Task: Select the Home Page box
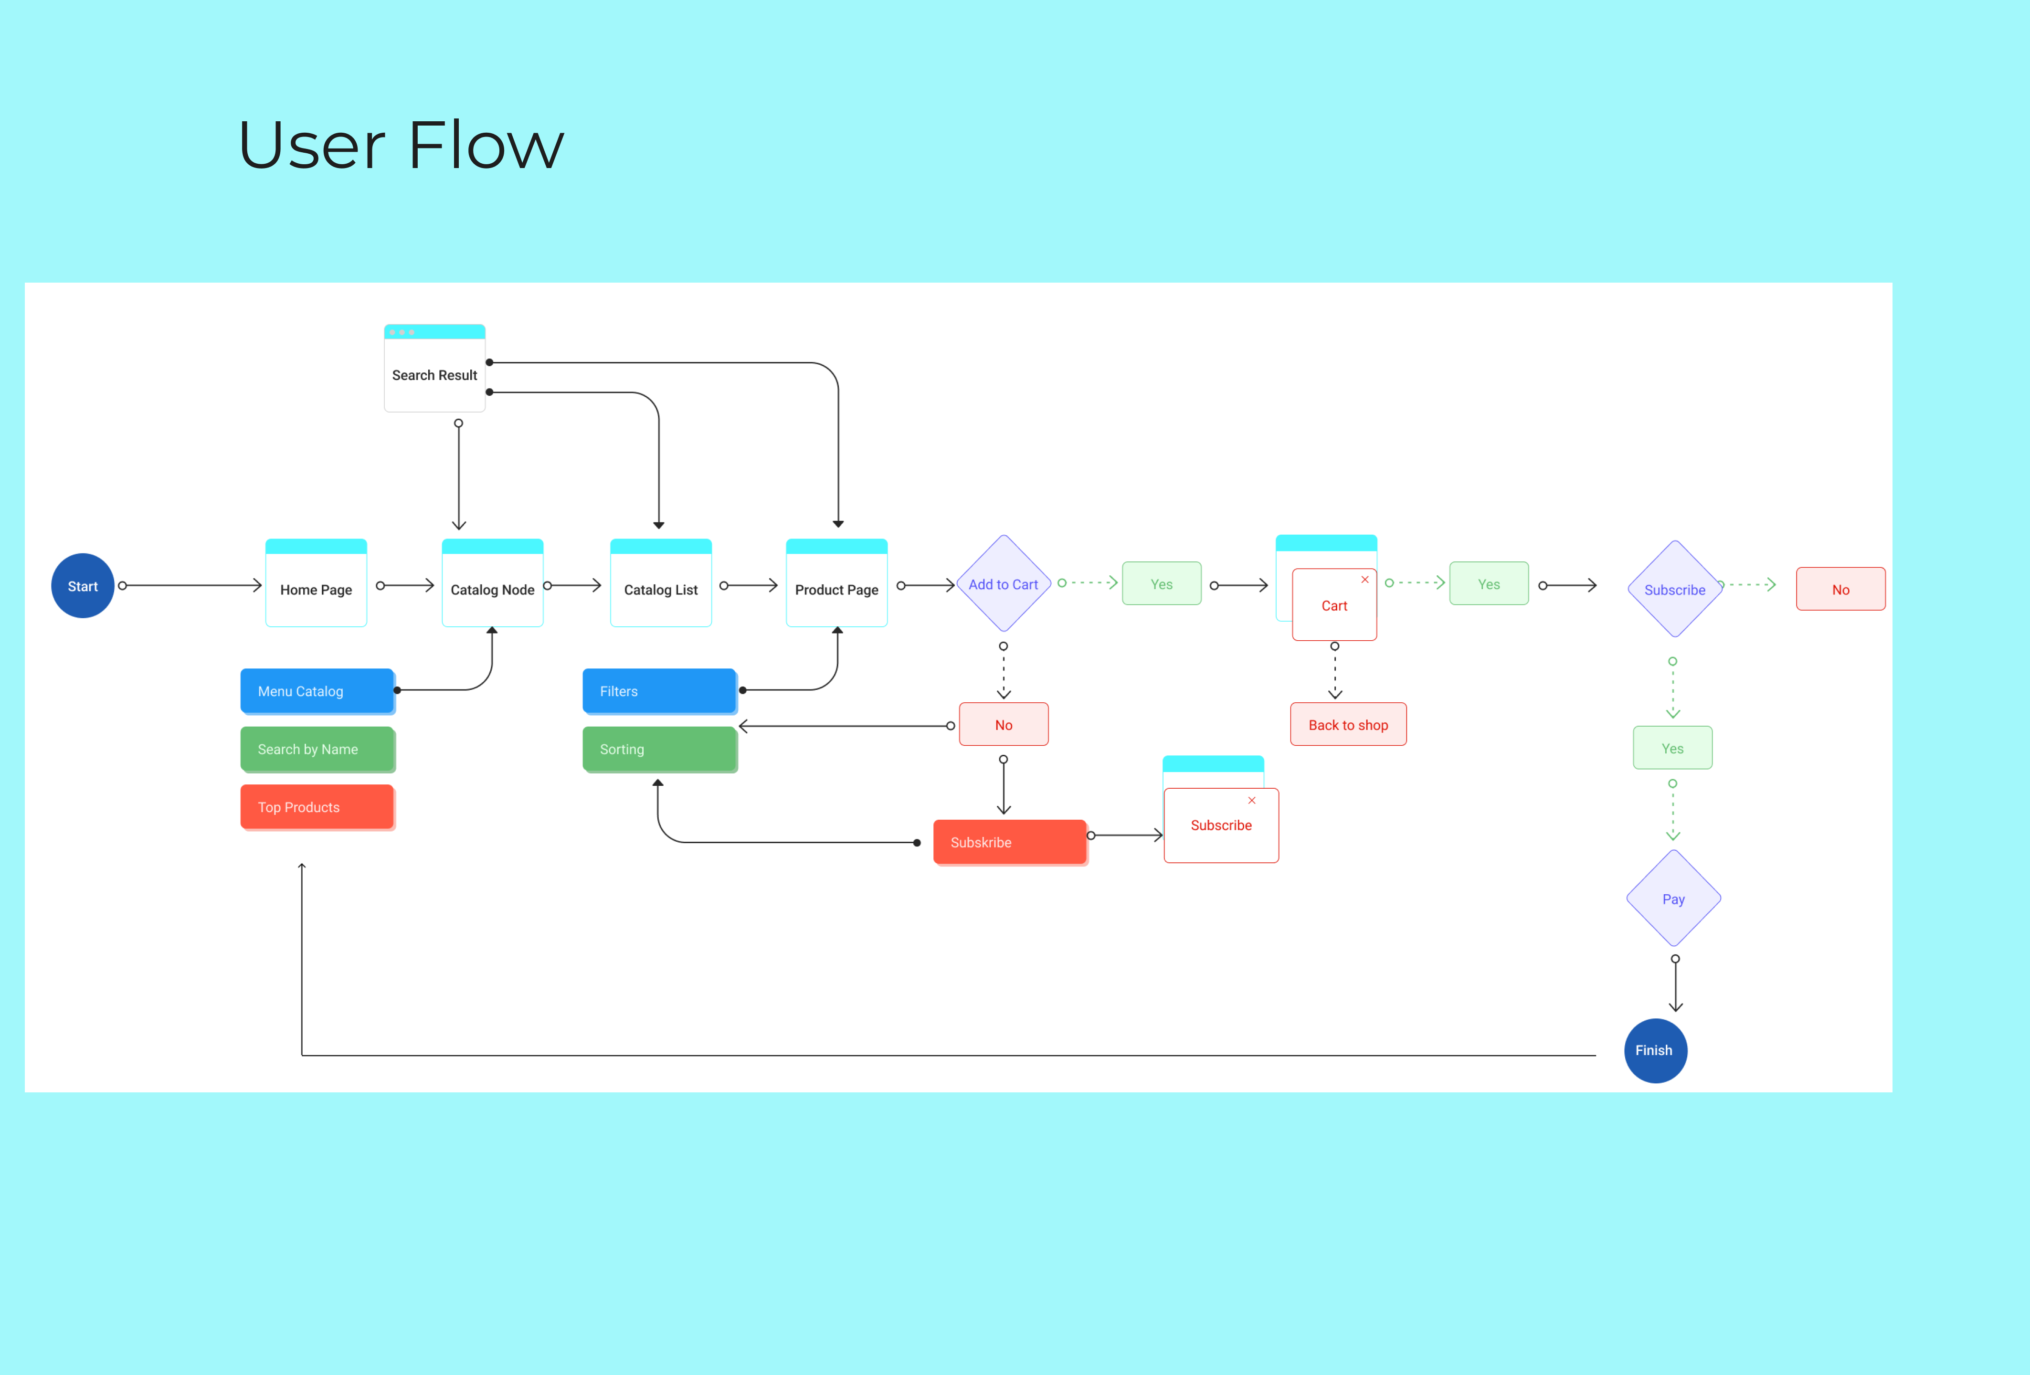pos(316,582)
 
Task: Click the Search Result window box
pos(435,368)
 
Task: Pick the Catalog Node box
pos(493,582)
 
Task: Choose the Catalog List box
pos(661,582)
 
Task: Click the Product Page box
pos(837,582)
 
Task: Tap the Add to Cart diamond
pos(1004,583)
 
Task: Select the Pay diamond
pos(1674,898)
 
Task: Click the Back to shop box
pos(1349,724)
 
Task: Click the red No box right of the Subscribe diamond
pos(1840,589)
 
